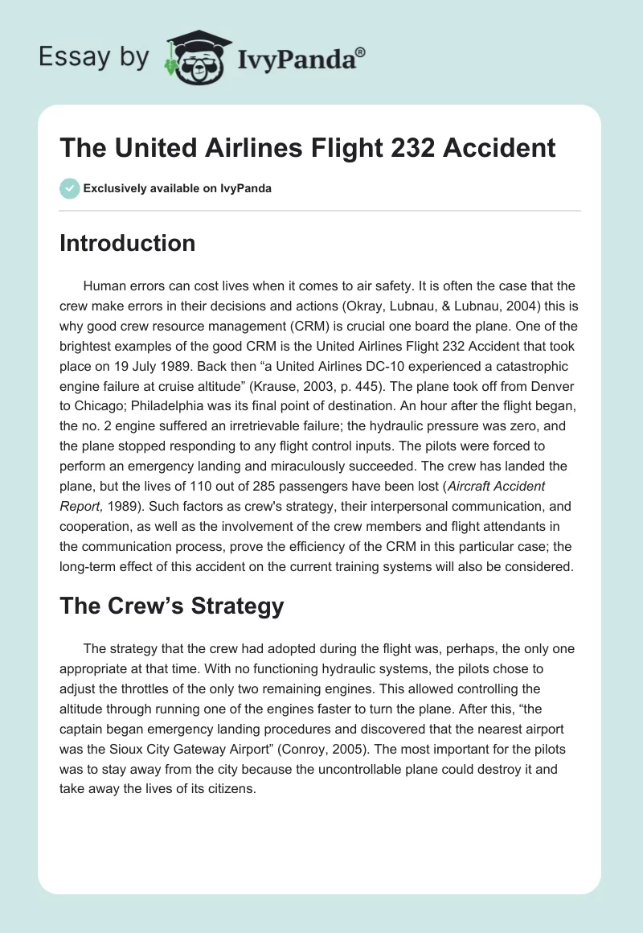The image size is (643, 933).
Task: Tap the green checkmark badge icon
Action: tap(68, 189)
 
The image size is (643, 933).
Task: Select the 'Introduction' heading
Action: tap(127, 243)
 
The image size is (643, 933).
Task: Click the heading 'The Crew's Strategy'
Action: tap(171, 606)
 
